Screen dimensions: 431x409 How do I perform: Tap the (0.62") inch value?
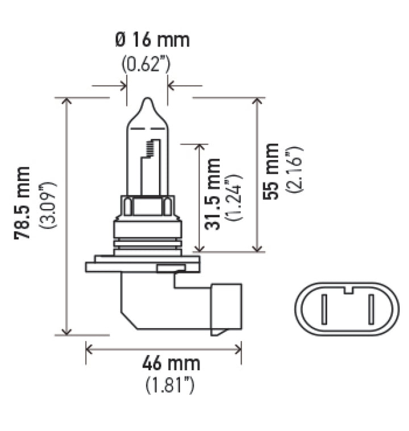point(146,64)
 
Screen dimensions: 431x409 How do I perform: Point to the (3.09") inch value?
point(48,204)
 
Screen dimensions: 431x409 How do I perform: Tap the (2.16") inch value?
point(295,171)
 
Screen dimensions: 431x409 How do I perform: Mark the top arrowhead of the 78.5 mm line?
point(67,101)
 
